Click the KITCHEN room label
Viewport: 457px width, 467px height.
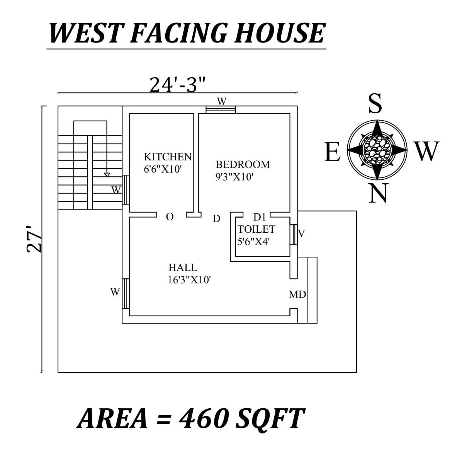(x=168, y=157)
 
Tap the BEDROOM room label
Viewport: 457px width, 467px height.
(x=243, y=164)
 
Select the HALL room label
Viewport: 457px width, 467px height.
(x=183, y=267)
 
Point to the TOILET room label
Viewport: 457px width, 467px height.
(x=256, y=229)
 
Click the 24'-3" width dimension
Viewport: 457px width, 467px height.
(x=177, y=85)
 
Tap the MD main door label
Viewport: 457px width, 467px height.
(x=297, y=295)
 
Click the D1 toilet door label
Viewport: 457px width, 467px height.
(x=260, y=217)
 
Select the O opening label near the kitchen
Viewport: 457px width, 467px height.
(x=170, y=217)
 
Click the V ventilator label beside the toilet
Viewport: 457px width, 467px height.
(x=302, y=233)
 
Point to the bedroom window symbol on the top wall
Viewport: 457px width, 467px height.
(x=221, y=109)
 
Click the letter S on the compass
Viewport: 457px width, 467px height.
(x=375, y=104)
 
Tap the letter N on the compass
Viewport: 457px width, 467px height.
(x=377, y=193)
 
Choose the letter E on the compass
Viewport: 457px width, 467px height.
(x=332, y=152)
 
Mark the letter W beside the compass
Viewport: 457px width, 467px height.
(x=427, y=151)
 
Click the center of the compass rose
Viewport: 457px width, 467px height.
(x=377, y=148)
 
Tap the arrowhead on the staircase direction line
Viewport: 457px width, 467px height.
(x=107, y=175)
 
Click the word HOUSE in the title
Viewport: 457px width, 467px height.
(x=279, y=33)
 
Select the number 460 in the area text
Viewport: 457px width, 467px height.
(x=204, y=418)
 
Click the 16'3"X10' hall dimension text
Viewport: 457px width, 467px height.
(x=189, y=280)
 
